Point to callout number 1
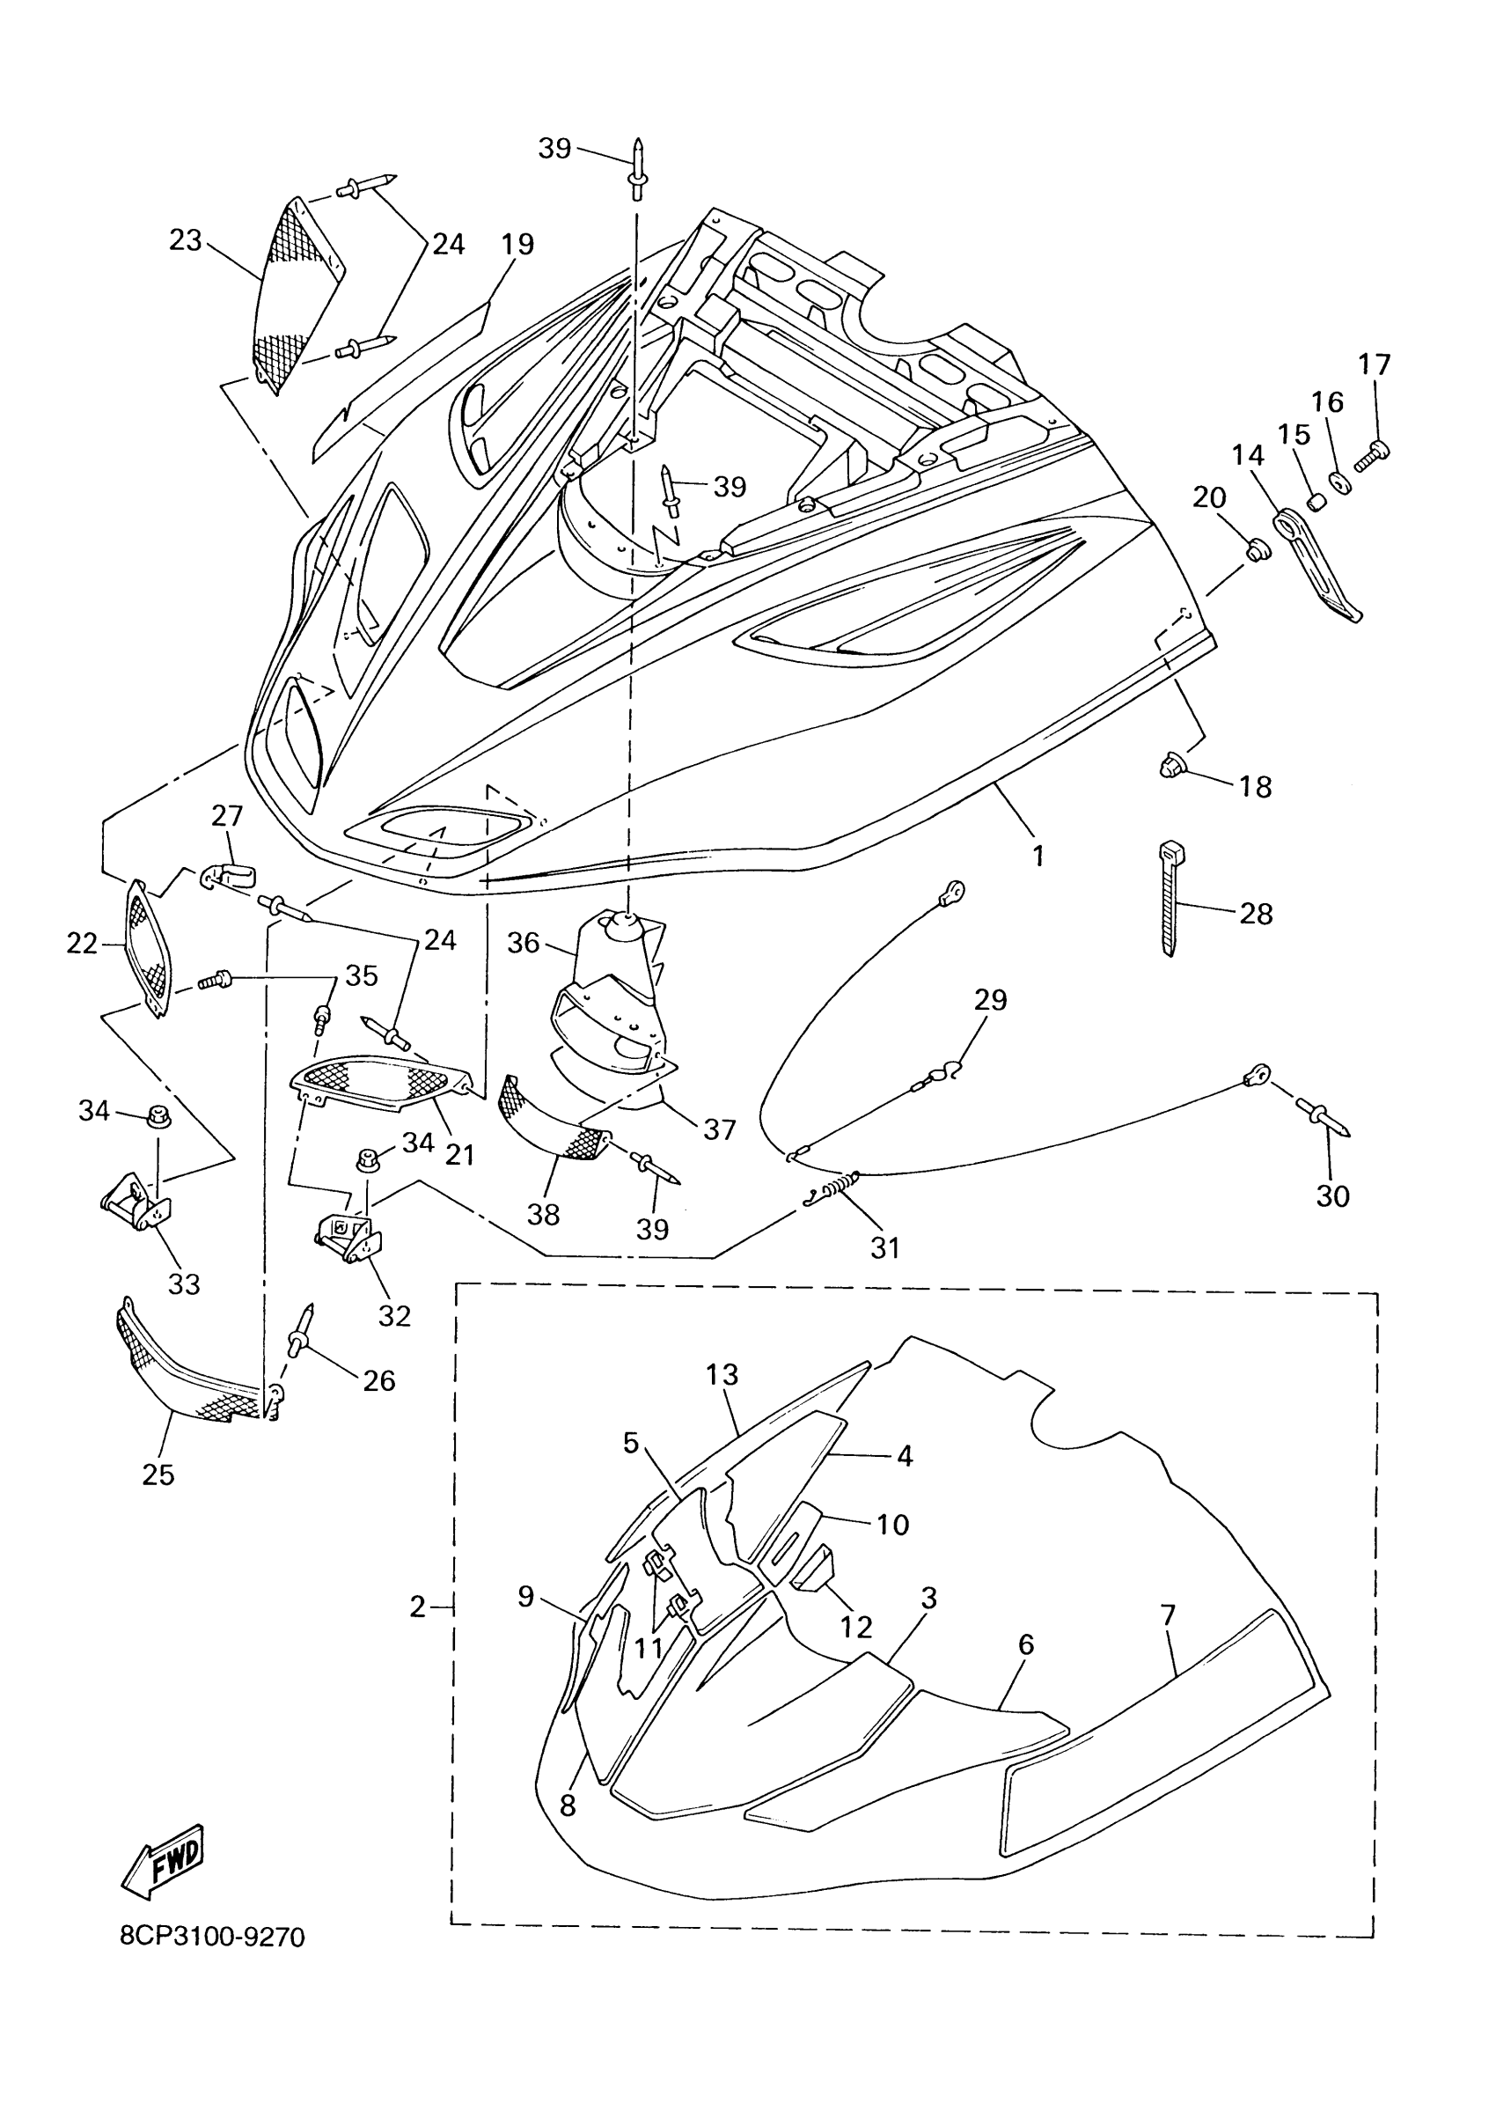tap(1038, 856)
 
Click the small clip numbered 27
tap(229, 871)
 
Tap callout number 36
tap(523, 943)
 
